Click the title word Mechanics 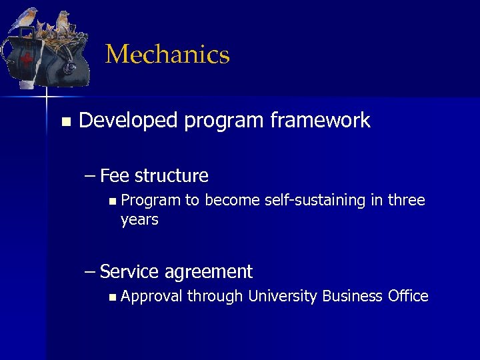tap(167, 55)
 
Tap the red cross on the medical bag tap(27, 61)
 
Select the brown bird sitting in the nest tap(63, 23)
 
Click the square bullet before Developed tap(65, 121)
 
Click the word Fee tap(115, 176)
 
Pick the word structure tap(171, 176)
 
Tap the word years tap(139, 219)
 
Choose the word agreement tap(208, 272)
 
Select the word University tap(283, 296)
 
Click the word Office tap(408, 296)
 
